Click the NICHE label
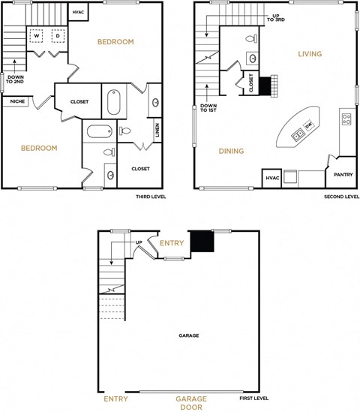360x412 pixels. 15,101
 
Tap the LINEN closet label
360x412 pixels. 157,130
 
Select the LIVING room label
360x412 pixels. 310,54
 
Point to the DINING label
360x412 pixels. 231,151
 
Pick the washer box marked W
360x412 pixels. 36,35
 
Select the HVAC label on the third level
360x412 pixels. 79,12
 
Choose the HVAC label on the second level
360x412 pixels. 271,178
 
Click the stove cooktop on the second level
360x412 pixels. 346,117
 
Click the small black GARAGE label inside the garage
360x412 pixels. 188,335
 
